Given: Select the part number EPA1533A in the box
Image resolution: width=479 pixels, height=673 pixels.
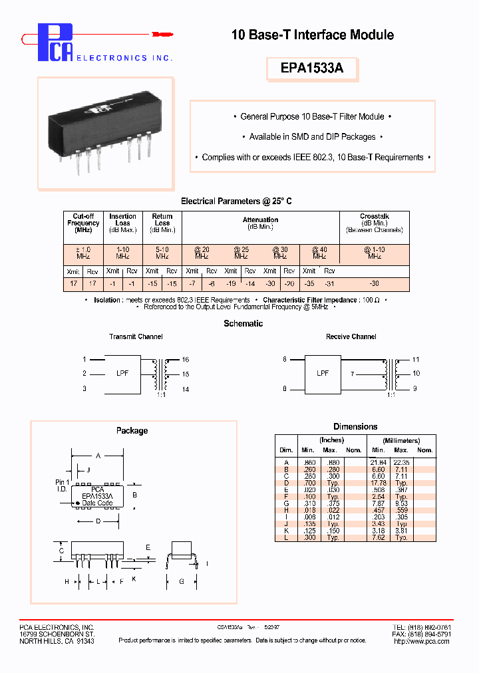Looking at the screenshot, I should click(x=312, y=68).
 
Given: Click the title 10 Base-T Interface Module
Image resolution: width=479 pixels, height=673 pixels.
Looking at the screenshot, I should click(x=312, y=35).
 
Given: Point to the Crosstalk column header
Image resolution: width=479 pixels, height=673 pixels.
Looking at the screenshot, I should click(x=374, y=223).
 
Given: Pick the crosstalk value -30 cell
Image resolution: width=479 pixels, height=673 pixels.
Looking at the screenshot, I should click(x=374, y=283).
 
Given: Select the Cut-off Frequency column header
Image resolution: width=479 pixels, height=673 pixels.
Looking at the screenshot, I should click(x=83, y=223).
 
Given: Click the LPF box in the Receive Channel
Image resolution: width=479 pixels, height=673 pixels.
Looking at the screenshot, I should click(x=323, y=374).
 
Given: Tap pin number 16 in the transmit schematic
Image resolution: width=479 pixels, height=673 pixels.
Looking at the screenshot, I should click(x=186, y=359).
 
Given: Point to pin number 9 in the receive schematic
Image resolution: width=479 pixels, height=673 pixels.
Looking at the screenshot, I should click(x=416, y=388).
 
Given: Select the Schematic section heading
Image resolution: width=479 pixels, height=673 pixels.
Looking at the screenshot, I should click(x=243, y=323).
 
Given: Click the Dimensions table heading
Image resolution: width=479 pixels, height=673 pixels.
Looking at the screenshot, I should click(x=355, y=426).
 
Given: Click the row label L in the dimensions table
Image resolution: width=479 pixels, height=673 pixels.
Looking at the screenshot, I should click(x=286, y=537).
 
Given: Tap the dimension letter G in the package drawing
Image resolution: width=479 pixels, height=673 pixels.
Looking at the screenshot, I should click(x=180, y=582).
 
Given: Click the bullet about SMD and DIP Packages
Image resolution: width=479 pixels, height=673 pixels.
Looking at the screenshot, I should click(x=312, y=137).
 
